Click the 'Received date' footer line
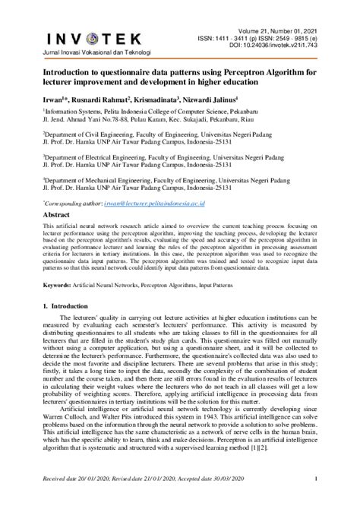(150, 501)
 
